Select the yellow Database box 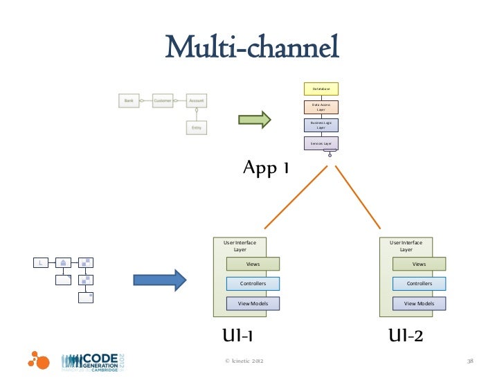[321, 89]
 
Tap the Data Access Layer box [321, 107]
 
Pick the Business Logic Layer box [321, 125]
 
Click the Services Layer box [321, 143]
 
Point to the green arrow [254, 120]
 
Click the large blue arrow [160, 280]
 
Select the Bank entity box [129, 100]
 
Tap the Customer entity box [162, 100]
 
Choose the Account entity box [197, 100]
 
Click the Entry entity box [197, 127]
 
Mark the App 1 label [265, 168]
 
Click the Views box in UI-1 [253, 264]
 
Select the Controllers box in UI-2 [420, 283]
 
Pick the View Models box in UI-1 [253, 303]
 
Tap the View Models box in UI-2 [420, 303]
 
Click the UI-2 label [406, 336]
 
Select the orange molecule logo [39, 360]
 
